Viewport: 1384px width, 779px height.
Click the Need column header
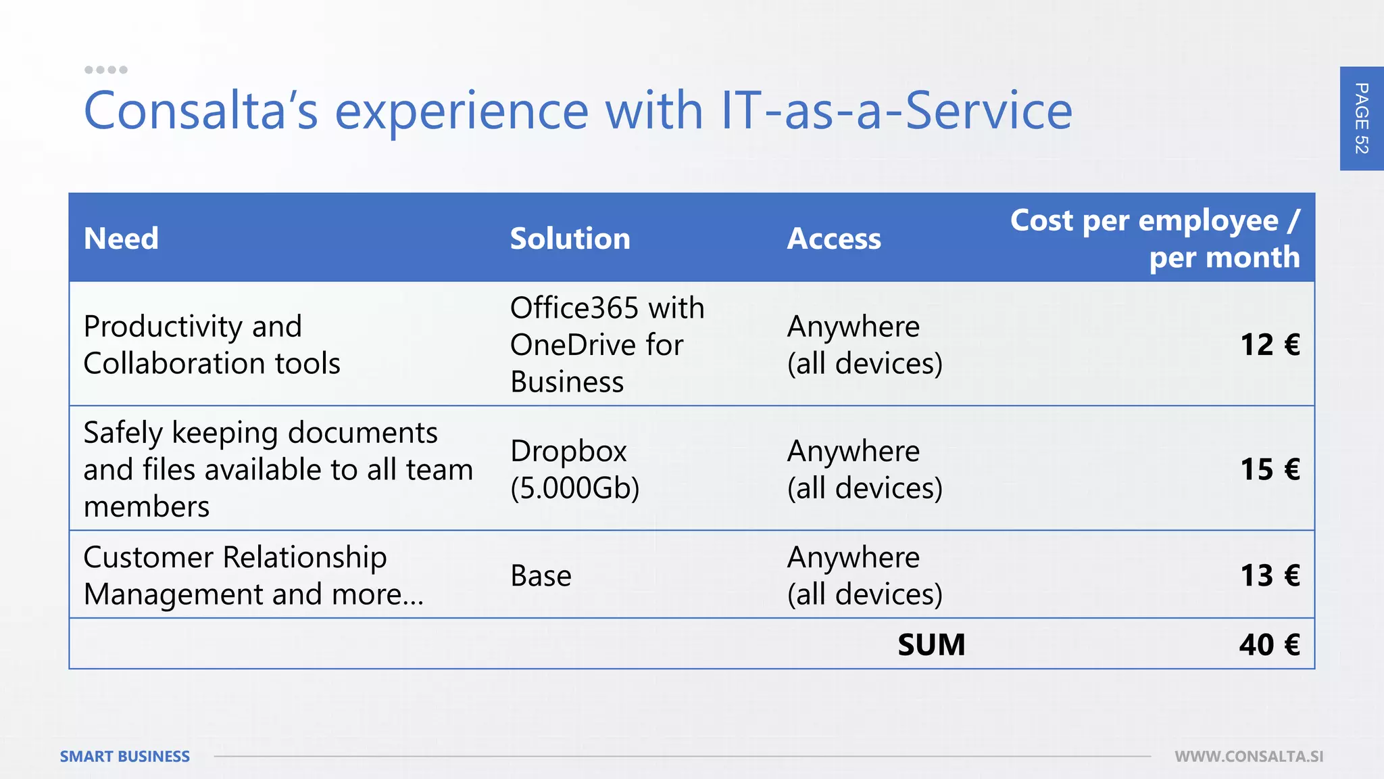[x=121, y=239]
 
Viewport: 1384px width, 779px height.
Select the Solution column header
[x=570, y=239]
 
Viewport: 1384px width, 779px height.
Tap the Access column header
[x=834, y=239]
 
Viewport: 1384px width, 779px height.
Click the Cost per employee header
[x=1155, y=239]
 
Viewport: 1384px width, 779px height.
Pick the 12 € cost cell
[x=1270, y=345]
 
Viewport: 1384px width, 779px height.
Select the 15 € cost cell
[x=1270, y=469]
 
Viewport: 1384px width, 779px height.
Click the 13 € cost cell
[x=1270, y=575]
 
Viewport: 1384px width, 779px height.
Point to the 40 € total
[x=1269, y=644]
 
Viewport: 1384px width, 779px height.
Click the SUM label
[x=931, y=644]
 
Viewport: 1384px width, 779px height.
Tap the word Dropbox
[x=568, y=451]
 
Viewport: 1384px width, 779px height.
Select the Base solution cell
[x=541, y=575]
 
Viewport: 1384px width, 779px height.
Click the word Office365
[x=574, y=308]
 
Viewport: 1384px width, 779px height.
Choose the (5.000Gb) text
[x=574, y=488]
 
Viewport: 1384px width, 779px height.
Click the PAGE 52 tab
[x=1362, y=118]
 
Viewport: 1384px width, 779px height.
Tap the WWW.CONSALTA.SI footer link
[x=1249, y=757]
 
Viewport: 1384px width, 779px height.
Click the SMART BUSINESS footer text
[x=125, y=757]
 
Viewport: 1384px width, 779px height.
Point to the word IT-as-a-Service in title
[x=896, y=110]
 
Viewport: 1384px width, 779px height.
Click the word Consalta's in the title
[x=201, y=110]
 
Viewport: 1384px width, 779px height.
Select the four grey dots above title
[x=105, y=70]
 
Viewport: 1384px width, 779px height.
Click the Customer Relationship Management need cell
[x=253, y=575]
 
